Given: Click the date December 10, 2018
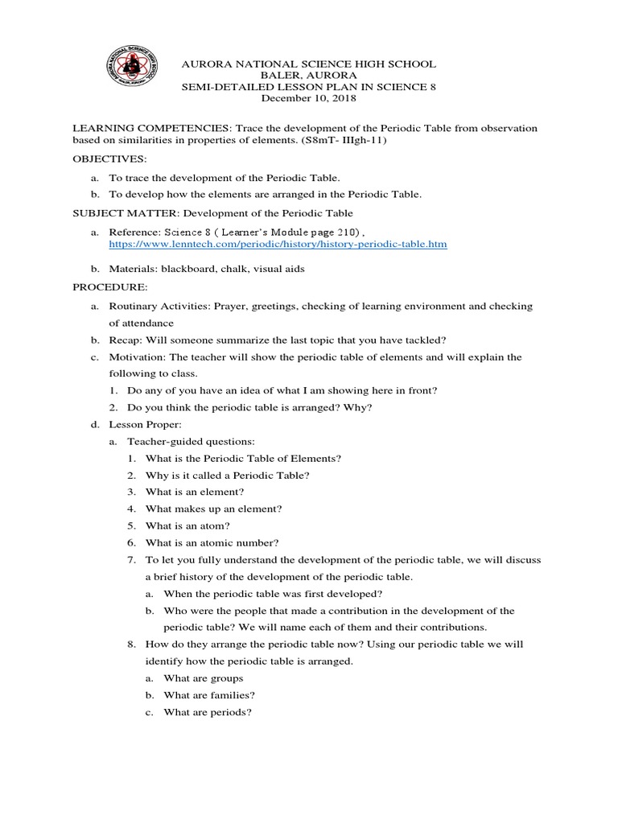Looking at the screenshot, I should (309, 98).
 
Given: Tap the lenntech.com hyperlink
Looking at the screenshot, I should (278, 243).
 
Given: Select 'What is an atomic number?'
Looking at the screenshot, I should (200, 542).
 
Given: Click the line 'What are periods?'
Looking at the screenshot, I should (208, 712).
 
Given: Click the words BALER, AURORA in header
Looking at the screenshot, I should (310, 75).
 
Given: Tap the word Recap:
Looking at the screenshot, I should (126, 340).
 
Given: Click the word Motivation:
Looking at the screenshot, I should (138, 356).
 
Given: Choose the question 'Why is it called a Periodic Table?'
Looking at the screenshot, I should (228, 475).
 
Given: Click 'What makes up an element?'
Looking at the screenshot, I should (213, 509).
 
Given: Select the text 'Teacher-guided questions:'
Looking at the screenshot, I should (192, 441).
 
